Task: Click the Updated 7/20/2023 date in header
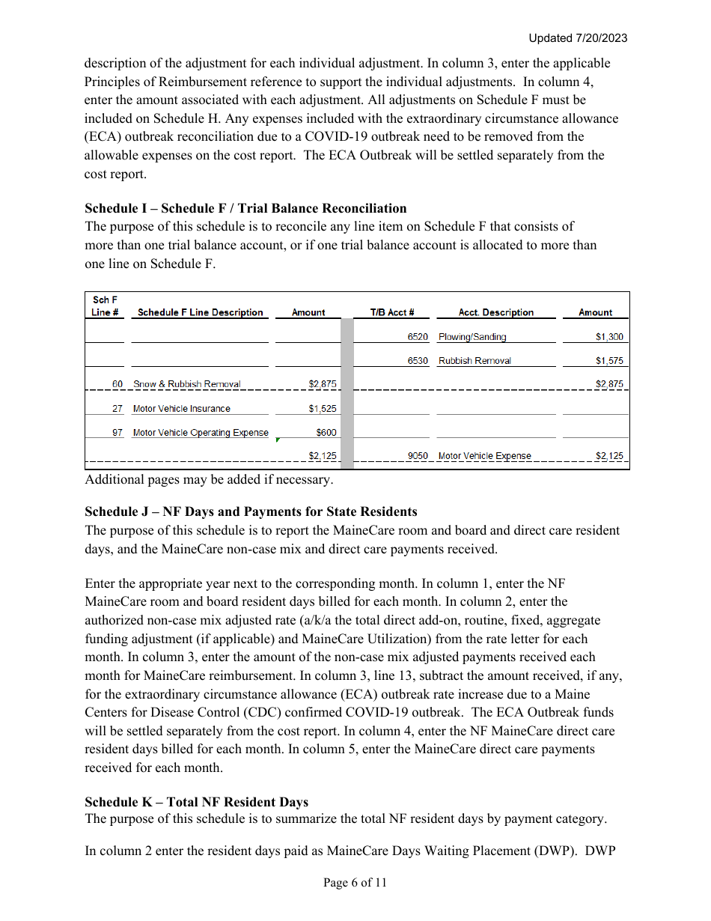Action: coord(578,38)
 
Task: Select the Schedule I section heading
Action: coord(245,208)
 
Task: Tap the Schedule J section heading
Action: coord(251,511)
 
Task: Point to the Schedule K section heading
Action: coord(196,802)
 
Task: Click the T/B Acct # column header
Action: coord(392,312)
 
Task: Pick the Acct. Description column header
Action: coord(495,312)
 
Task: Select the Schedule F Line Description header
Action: coord(200,312)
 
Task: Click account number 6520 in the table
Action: coord(418,337)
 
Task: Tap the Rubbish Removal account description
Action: coord(474,361)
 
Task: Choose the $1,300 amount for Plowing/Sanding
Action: coord(608,337)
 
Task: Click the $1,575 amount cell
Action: coord(608,361)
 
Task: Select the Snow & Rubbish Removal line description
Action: coord(187,384)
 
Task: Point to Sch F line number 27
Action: coord(118,409)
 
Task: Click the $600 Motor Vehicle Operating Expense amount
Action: coord(326,433)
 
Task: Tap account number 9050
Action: coord(418,456)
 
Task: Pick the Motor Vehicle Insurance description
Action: coord(181,409)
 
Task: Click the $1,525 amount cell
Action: coord(323,409)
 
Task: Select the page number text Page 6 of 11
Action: coord(355,883)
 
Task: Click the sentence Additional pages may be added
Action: coord(209,479)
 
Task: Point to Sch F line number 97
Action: coord(118,433)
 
